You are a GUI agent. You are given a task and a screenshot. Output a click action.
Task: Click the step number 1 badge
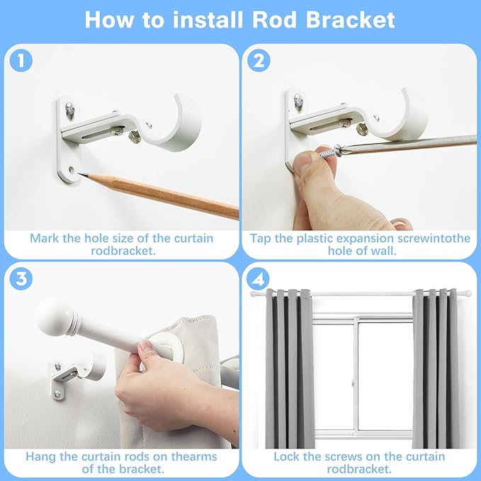pos(22,61)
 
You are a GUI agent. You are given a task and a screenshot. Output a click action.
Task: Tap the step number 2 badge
pos(260,61)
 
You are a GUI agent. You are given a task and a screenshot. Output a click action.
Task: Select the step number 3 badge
pos(22,279)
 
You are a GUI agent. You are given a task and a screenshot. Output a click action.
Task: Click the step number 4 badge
pos(260,279)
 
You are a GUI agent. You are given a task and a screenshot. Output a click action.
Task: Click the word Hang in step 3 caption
pos(41,456)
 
